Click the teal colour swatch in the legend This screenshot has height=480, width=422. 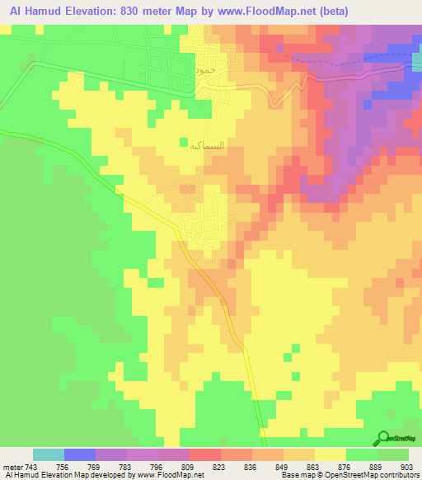coord(49,454)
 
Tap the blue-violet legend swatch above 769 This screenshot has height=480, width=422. coord(80,454)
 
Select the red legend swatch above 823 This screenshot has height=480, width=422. coord(205,454)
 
